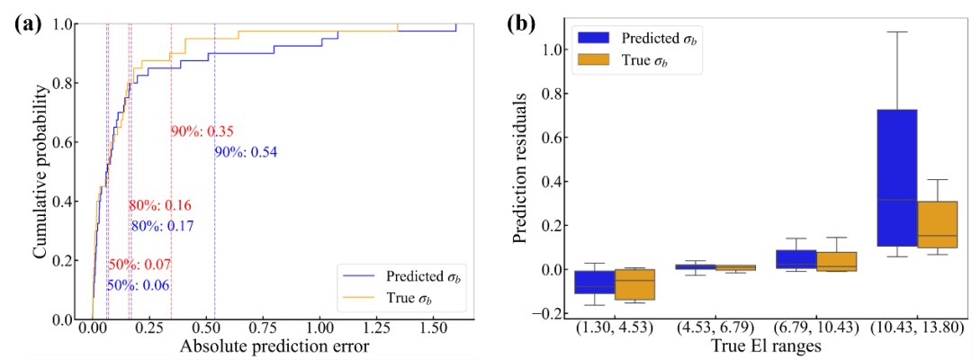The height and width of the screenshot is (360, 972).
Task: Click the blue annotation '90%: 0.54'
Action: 246,152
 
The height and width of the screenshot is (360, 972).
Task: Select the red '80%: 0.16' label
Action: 160,207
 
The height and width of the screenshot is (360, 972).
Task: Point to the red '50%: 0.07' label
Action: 139,265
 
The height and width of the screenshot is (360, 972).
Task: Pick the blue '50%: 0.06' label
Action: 139,285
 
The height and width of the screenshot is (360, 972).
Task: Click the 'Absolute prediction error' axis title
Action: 263,346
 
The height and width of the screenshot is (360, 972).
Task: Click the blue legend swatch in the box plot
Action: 589,38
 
